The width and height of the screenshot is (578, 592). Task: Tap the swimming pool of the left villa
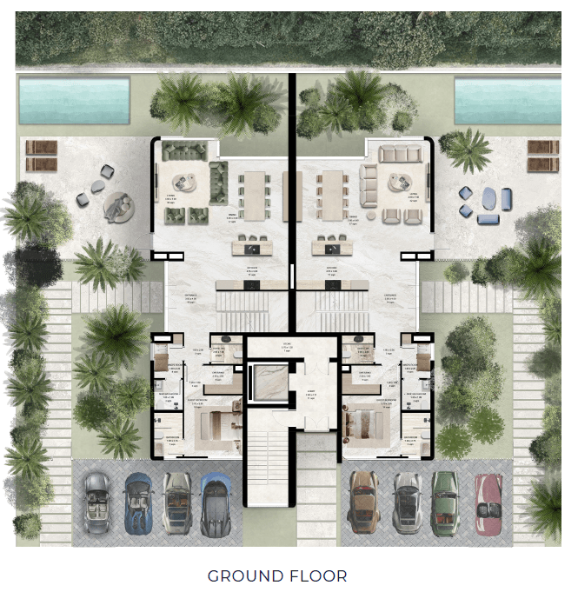pyautogui.click(x=74, y=99)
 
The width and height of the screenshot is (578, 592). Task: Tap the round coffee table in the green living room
pyautogui.click(x=183, y=182)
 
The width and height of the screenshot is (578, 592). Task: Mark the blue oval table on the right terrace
pyautogui.click(x=489, y=199)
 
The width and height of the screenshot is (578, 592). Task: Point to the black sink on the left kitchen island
pyautogui.click(x=254, y=245)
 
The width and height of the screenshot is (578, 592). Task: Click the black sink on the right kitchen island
pyautogui.click(x=330, y=245)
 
